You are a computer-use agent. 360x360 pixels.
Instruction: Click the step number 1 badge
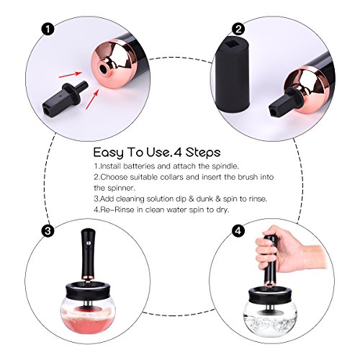pyautogui.click(x=48, y=30)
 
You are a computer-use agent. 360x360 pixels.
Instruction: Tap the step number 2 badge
pyautogui.click(x=238, y=30)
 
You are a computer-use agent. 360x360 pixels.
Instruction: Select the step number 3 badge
pyautogui.click(x=48, y=231)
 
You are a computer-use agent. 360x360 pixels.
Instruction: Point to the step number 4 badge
pyautogui.click(x=238, y=231)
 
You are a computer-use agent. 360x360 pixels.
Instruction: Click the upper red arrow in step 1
pyautogui.click(x=70, y=74)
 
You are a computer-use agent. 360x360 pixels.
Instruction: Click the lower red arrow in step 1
pyautogui.click(x=92, y=100)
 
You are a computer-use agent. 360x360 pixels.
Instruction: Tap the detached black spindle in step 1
pyautogui.click(x=65, y=98)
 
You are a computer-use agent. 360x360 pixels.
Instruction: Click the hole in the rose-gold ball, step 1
pyautogui.click(x=104, y=69)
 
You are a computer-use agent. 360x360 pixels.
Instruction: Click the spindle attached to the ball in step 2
pyautogui.click(x=284, y=102)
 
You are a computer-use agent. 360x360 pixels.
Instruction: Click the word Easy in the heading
pyautogui.click(x=108, y=153)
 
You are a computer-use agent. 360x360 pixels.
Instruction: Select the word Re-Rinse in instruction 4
pyautogui.click(x=117, y=210)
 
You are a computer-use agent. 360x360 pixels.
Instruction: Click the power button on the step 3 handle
pyautogui.click(x=88, y=243)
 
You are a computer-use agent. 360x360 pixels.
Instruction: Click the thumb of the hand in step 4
pyautogui.click(x=265, y=251)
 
